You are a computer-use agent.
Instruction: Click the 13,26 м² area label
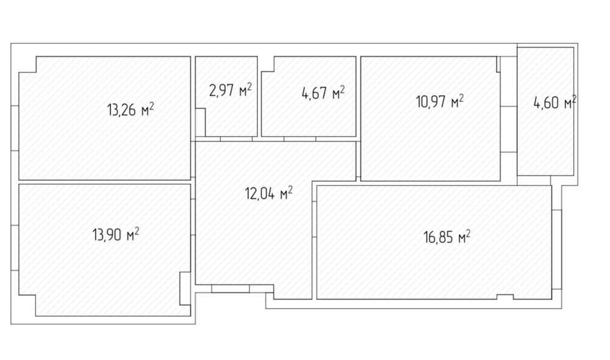[x=131, y=109]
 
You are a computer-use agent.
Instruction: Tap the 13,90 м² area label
[x=116, y=234]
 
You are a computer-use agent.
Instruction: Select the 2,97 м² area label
[x=231, y=90]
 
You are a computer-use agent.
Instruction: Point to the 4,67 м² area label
[x=323, y=93]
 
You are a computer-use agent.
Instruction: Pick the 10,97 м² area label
[x=440, y=101]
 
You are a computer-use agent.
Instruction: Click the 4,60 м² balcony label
[x=554, y=103]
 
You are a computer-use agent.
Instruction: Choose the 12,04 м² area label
[x=269, y=193]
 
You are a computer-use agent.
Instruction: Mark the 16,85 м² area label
[x=447, y=237]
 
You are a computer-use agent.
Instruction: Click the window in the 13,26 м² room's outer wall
[x=15, y=128]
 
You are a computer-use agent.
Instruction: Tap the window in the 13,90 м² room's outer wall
[x=15, y=248]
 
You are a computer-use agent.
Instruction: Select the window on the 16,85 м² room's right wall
[x=557, y=250]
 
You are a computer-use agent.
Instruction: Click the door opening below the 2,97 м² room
[x=237, y=139]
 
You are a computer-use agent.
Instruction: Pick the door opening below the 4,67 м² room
[x=300, y=139]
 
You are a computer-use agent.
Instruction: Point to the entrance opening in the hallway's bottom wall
[x=231, y=289]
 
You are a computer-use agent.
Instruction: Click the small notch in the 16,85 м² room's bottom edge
[x=505, y=297]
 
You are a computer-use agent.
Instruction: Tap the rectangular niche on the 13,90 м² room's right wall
[x=185, y=289]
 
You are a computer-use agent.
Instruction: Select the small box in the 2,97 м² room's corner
[x=200, y=122]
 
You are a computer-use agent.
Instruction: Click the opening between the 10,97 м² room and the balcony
[x=509, y=129]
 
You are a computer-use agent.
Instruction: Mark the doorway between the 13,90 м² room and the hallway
[x=193, y=217]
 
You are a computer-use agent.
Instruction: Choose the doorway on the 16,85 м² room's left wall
[x=314, y=219]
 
